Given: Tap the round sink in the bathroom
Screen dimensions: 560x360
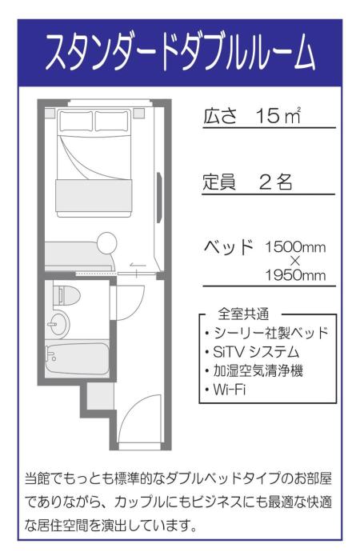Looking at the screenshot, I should click(x=58, y=324).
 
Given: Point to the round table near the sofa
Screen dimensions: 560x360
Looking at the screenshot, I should click(x=106, y=242).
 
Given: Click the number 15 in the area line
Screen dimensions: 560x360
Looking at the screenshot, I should click(x=264, y=116).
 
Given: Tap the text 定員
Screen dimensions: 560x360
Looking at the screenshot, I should click(x=218, y=182).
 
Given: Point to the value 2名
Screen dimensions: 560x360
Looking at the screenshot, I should click(x=276, y=182).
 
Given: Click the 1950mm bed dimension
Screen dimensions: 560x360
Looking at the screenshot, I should click(x=295, y=276).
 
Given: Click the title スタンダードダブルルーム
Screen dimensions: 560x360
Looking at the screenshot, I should click(x=180, y=54).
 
